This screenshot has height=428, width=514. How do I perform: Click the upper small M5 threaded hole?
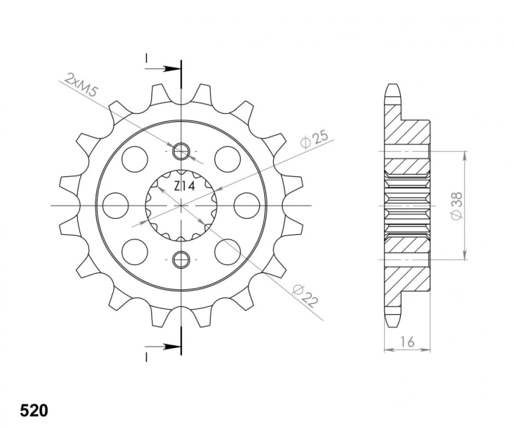[181, 152]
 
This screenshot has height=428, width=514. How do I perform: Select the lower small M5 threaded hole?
[181, 258]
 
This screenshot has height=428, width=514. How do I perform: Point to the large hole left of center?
[115, 206]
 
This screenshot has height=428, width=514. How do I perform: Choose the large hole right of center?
[247, 206]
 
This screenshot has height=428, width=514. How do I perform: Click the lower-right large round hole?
[228, 252]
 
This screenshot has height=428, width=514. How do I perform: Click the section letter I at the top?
[147, 58]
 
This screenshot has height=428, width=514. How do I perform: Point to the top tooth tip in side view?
[394, 89]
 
